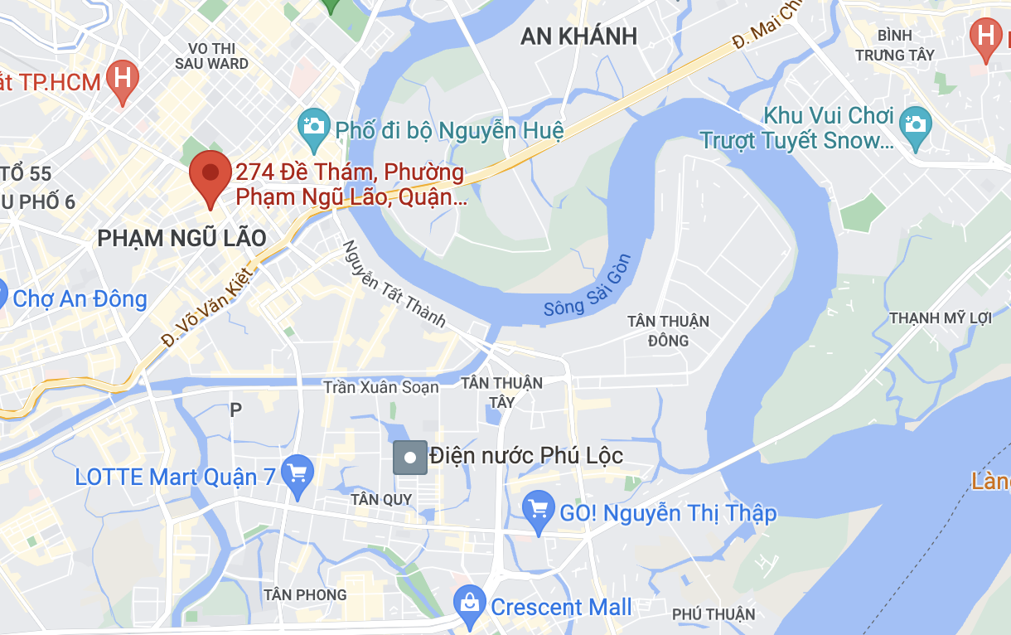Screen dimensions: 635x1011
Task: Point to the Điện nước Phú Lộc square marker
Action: point(409,457)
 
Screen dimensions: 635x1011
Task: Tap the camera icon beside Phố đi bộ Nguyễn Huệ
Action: point(314,125)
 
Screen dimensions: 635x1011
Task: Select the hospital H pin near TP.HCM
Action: point(123,80)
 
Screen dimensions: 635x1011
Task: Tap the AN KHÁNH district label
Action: point(578,36)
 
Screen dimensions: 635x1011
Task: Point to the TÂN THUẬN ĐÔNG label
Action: point(668,331)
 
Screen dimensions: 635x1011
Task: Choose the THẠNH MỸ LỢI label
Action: point(940,318)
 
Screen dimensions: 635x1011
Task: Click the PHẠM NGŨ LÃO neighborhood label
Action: point(181,239)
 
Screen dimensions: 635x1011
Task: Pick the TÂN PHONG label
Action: point(305,594)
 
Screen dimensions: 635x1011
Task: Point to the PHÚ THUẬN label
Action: point(714,614)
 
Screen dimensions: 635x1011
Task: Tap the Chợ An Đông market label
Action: point(80,298)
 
